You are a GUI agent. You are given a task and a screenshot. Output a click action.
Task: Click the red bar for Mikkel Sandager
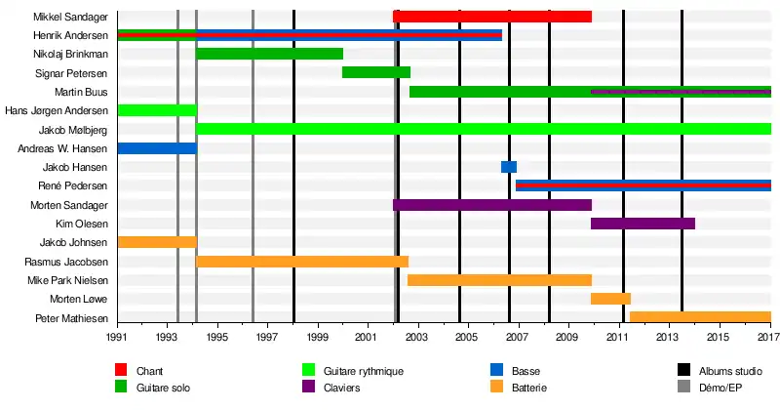pos(491,17)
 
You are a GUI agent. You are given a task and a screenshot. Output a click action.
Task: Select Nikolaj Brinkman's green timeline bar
pos(269,54)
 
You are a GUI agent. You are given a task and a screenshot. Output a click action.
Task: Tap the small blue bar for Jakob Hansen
pos(508,167)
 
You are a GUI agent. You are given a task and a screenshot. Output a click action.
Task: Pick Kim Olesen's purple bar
pos(643,224)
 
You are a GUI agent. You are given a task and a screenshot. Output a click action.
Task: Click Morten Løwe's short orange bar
pos(610,299)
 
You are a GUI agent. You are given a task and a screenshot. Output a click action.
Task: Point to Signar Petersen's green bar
pos(375,72)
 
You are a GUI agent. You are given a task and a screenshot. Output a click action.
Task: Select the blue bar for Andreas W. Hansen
pos(156,148)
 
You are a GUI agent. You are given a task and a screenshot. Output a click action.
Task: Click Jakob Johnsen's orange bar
pos(156,242)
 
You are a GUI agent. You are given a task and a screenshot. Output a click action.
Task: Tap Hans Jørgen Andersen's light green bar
pos(156,110)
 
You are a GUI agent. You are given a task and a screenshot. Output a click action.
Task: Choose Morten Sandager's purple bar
pos(491,205)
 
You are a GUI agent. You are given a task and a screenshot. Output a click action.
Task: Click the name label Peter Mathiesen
pos(71,318)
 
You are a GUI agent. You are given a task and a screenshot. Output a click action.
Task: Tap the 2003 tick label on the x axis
pos(417,338)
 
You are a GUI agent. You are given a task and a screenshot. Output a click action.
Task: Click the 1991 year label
pos(118,338)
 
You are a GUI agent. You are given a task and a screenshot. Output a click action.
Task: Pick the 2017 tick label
pos(768,338)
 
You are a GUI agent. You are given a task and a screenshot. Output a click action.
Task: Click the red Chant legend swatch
pos(121,371)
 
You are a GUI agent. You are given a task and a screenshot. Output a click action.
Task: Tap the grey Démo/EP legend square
pos(683,389)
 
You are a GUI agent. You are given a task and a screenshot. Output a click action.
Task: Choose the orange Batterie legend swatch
pos(496,389)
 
